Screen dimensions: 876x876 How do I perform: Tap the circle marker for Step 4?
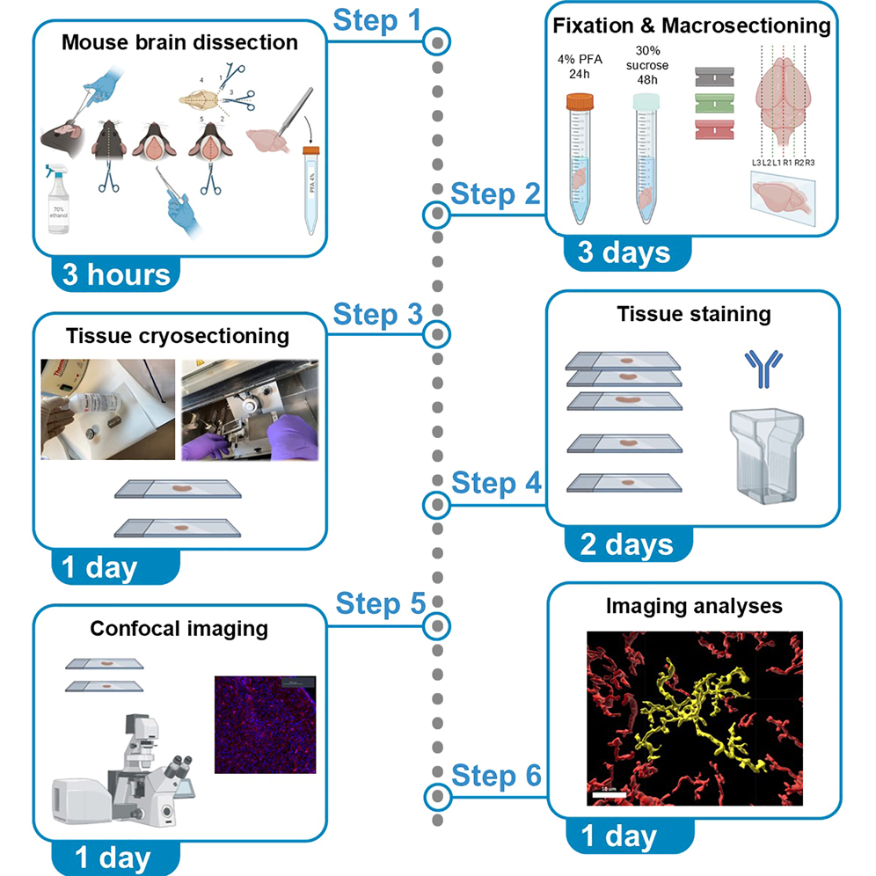coord(437,505)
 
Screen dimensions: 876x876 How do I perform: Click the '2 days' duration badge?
coord(626,544)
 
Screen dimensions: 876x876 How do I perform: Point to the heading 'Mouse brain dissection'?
coord(179,42)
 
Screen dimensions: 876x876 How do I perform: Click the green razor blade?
coord(715,102)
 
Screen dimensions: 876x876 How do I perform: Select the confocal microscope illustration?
coord(123,765)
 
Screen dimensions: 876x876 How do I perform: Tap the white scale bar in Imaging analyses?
coord(607,794)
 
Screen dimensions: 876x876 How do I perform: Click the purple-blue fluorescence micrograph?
coord(265,725)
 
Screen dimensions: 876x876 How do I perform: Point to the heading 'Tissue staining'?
coord(693,314)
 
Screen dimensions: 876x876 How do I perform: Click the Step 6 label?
coord(496,777)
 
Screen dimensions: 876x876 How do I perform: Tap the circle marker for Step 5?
coord(437,625)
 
